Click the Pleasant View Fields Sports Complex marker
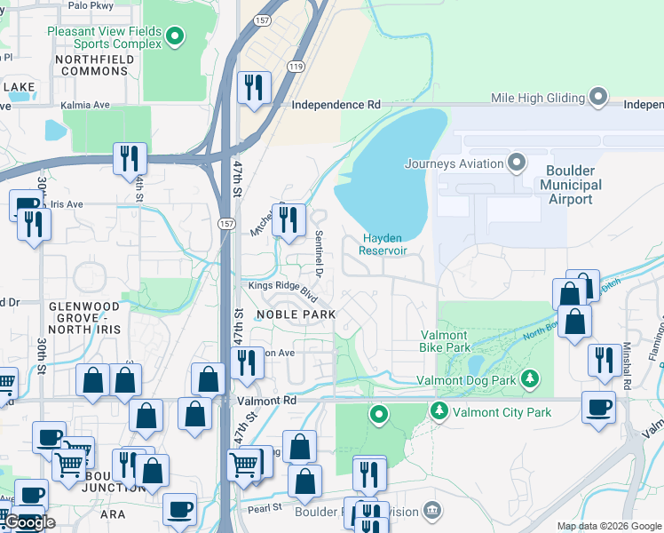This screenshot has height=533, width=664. (x=176, y=36)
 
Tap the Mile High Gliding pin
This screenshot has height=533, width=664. (x=599, y=97)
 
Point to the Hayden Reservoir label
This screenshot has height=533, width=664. (x=383, y=244)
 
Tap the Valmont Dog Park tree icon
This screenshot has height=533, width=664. (x=530, y=380)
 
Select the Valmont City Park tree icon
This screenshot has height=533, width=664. (x=439, y=411)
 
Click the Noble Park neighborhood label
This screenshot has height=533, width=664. (x=296, y=314)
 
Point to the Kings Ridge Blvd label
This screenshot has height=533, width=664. (x=282, y=289)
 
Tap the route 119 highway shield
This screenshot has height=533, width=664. (x=296, y=67)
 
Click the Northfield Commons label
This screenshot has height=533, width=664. (x=94, y=65)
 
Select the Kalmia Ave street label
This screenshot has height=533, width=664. (x=85, y=105)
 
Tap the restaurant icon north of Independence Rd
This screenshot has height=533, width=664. (x=255, y=86)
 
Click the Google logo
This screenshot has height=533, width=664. (x=30, y=522)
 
